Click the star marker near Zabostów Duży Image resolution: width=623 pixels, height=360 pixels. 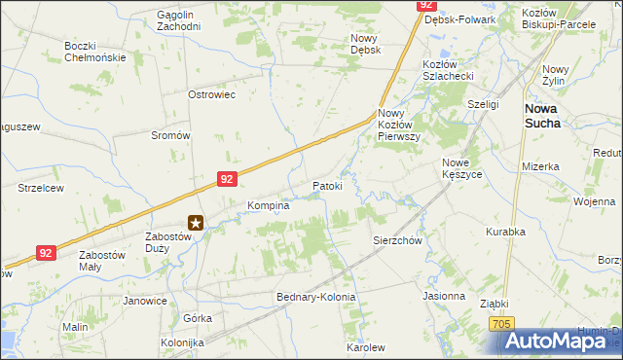[x=196, y=223]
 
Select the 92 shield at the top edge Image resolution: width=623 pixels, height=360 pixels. [x=426, y=5]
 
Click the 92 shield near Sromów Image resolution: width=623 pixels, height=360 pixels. [x=226, y=179]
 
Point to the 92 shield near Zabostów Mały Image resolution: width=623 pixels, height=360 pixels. [x=46, y=252]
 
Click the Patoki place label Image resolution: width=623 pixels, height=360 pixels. [x=327, y=185]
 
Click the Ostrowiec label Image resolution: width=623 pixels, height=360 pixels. [x=212, y=94]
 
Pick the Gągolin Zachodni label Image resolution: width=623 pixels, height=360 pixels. [x=178, y=20]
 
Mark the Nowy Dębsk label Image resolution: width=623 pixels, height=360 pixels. [x=364, y=44]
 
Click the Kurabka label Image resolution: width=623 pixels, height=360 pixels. [x=505, y=232]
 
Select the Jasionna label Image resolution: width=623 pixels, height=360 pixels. [x=444, y=295]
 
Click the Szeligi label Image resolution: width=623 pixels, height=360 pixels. [x=483, y=103]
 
